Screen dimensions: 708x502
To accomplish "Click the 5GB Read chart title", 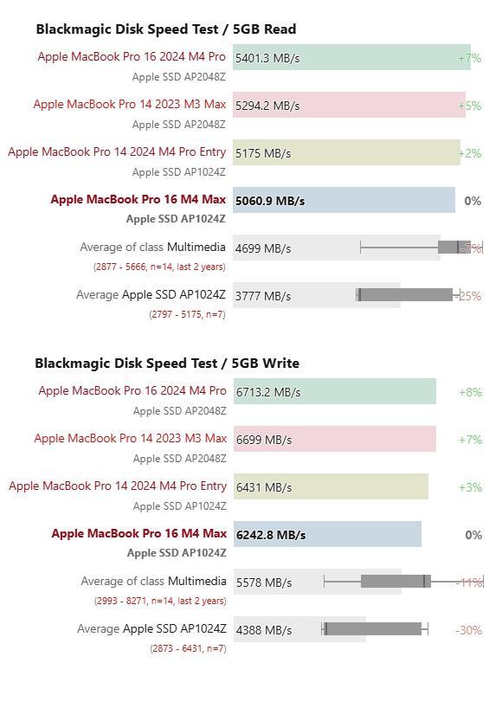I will [x=166, y=29].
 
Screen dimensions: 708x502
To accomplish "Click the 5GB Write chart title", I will [x=167, y=364].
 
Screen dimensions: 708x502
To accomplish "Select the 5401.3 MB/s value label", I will [x=267, y=58].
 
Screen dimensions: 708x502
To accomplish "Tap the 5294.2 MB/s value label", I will [x=267, y=106].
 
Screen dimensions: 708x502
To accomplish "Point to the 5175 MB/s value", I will [x=263, y=153].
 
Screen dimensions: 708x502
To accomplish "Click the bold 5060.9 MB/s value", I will [x=270, y=201].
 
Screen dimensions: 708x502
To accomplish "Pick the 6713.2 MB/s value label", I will [x=268, y=392].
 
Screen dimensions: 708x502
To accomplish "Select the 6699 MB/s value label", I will [x=264, y=440].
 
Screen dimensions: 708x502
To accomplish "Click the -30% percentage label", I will [x=468, y=630].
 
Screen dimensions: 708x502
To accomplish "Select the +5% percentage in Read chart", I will [x=469, y=106].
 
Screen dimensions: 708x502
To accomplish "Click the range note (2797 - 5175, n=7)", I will [x=187, y=314].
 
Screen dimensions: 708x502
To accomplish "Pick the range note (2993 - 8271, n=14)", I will [x=160, y=601].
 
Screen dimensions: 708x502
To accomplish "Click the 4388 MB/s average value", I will [x=264, y=630].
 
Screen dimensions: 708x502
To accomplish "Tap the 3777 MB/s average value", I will [x=263, y=296].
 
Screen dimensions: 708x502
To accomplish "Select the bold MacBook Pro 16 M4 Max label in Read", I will [x=138, y=199].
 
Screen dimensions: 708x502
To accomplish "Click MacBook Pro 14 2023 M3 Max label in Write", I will [x=130, y=438].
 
